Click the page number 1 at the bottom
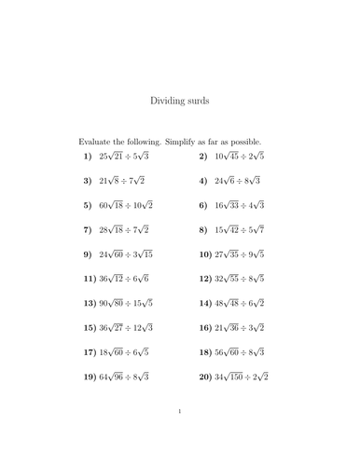[180, 436]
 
